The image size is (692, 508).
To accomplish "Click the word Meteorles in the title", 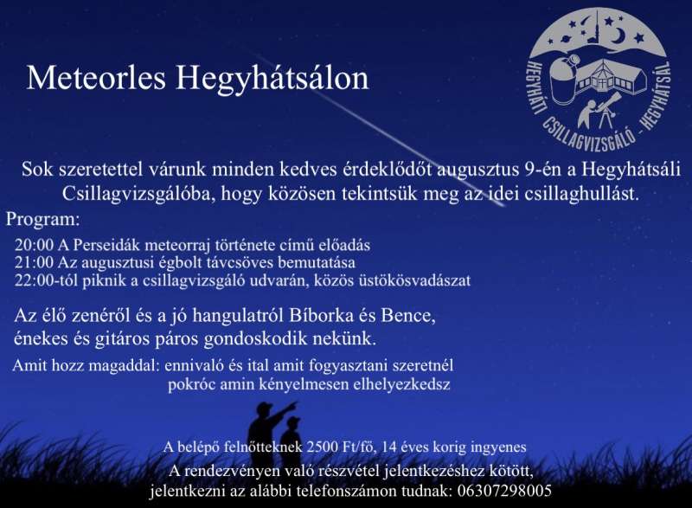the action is pyautogui.click(x=96, y=78).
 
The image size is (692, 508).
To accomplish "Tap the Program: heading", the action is pyautogui.click(x=43, y=220).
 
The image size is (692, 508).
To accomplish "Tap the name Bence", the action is pyautogui.click(x=408, y=316).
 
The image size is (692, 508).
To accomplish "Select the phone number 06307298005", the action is pyautogui.click(x=504, y=491).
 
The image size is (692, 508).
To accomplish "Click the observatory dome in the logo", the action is pyautogui.click(x=566, y=80).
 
